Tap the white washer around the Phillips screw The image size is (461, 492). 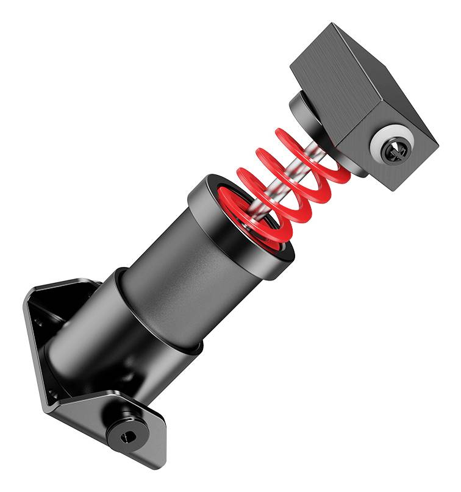384,141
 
